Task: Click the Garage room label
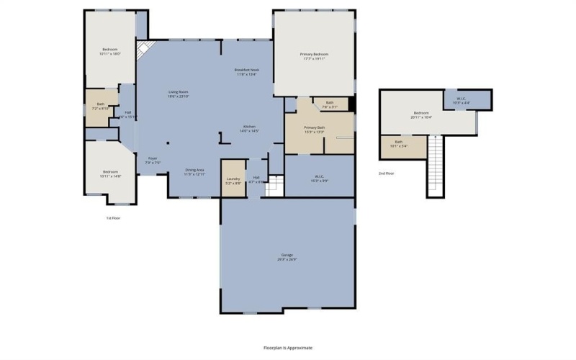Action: [288, 256]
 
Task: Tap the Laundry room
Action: [233, 179]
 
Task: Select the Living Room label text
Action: [179, 93]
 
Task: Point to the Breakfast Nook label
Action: [247, 71]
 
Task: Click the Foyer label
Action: [153, 159]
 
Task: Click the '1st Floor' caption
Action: [113, 217]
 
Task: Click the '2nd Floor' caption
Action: [387, 174]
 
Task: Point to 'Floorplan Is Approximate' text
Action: [288, 347]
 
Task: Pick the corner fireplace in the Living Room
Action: [145, 50]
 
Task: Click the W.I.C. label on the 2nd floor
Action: [462, 100]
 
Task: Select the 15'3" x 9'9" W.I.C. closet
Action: [320, 176]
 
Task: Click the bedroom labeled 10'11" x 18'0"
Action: [110, 51]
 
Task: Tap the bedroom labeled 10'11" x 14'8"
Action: [110, 173]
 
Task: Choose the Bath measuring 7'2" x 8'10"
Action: [101, 107]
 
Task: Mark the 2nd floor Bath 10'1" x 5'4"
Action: [399, 143]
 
